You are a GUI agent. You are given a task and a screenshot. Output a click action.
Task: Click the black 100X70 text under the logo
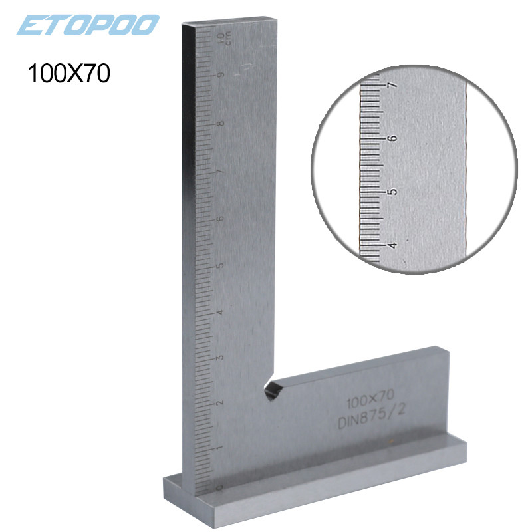67,72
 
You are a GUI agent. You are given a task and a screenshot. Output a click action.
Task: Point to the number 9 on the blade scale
219,76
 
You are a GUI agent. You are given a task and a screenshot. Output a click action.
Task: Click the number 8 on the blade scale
219,123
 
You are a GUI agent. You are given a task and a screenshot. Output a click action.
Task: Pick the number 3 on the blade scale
219,357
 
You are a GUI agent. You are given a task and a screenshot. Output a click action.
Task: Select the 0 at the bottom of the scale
219,487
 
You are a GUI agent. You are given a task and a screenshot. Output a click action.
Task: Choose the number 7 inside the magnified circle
392,86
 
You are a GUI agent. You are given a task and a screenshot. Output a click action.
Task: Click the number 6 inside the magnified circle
392,138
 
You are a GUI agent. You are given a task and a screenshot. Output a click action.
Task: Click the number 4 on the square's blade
219,311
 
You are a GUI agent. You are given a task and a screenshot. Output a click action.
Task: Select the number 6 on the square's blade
219,217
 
